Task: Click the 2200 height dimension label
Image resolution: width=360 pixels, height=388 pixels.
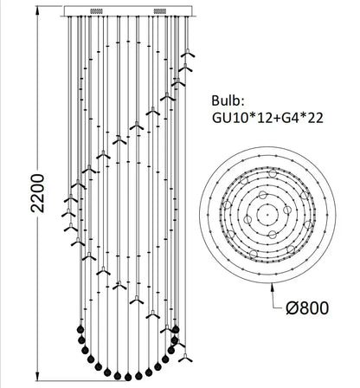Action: (x=38, y=193)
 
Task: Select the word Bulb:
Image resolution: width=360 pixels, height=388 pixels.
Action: (x=228, y=100)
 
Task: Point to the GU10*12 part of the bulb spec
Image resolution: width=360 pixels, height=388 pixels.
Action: (x=243, y=119)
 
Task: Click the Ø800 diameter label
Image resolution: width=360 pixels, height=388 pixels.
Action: (x=307, y=308)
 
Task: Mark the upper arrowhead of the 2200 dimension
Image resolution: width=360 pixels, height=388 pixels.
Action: (x=37, y=11)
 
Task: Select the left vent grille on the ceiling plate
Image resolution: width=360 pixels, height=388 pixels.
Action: (x=97, y=11)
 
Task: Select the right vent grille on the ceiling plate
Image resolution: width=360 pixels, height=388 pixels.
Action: (x=160, y=11)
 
